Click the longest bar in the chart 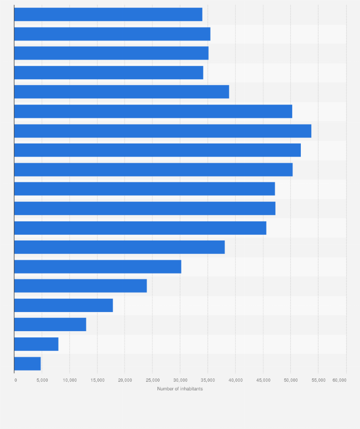162,131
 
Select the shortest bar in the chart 27,364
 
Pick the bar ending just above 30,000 97,267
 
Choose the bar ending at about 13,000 50,324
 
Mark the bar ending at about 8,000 36,344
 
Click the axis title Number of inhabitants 180,389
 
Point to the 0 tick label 15,380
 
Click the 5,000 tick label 42,380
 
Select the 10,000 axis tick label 70,380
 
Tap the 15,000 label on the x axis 97,380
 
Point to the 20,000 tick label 125,380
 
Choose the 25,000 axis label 152,380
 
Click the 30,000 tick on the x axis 180,380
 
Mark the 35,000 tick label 208,380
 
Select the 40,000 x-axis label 235,380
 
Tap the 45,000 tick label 263,380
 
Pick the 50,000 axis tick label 291,380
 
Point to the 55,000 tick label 318,380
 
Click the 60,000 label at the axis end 339,380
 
